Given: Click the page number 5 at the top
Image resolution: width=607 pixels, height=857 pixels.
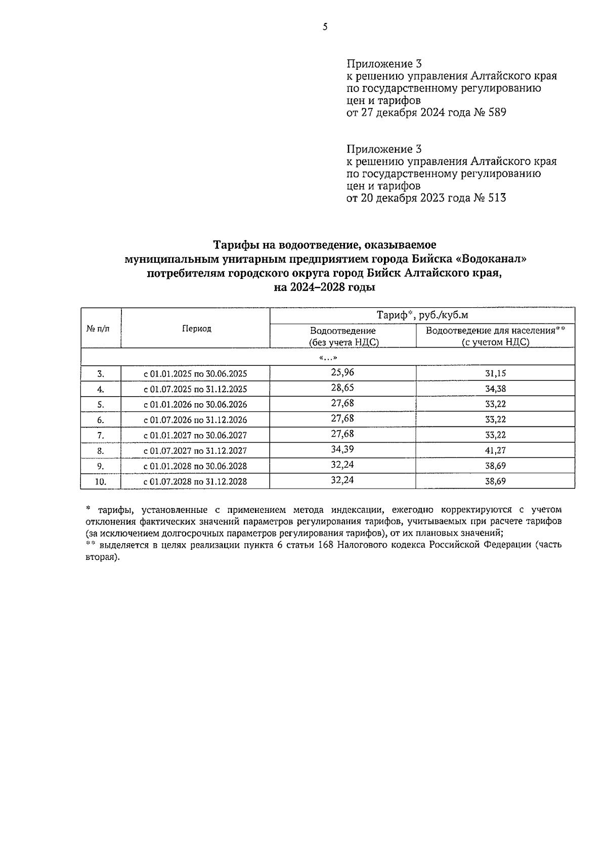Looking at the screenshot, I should pyautogui.click(x=325, y=27).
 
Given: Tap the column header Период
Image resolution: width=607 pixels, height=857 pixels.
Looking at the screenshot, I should pyautogui.click(x=196, y=328).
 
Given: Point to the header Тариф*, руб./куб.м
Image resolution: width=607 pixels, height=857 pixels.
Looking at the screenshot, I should pyautogui.click(x=422, y=315).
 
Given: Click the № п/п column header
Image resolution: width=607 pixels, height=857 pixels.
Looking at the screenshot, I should pyautogui.click(x=97, y=328).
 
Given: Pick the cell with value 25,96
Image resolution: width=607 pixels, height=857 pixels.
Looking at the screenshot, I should pyautogui.click(x=342, y=372).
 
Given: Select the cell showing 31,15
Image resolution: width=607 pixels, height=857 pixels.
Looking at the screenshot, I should pyautogui.click(x=495, y=373).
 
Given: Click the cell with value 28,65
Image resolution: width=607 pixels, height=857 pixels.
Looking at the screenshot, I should pyautogui.click(x=342, y=388).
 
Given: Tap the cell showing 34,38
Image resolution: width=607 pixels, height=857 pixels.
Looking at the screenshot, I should pyautogui.click(x=495, y=389).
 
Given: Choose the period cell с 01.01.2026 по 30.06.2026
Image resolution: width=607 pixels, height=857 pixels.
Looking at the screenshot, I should pyautogui.click(x=195, y=404).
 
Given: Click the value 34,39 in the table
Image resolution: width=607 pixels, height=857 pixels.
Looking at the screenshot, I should pyautogui.click(x=342, y=449).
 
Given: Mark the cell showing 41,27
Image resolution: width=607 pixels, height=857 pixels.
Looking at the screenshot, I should pyautogui.click(x=495, y=450).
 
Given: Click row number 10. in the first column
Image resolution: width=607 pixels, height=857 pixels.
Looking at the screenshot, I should pyautogui.click(x=101, y=482).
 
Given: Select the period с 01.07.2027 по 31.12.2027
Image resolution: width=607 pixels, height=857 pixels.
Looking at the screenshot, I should pyautogui.click(x=195, y=451).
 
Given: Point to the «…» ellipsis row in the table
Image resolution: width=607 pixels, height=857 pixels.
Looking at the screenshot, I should pyautogui.click(x=328, y=358).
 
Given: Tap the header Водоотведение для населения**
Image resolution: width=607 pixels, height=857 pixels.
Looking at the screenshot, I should pyautogui.click(x=495, y=331).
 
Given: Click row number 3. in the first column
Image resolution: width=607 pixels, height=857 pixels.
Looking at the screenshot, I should pyautogui.click(x=101, y=374).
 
